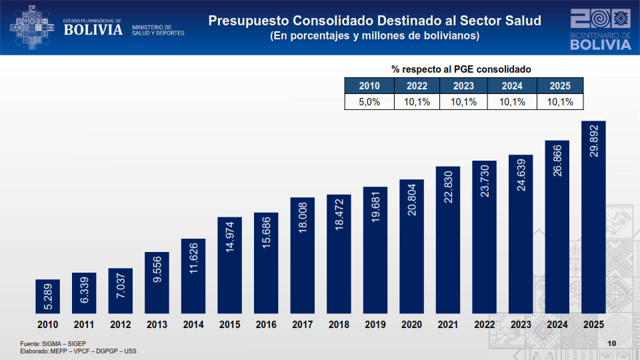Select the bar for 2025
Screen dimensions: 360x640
tap(593, 217)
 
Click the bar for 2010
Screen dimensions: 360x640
tap(47, 296)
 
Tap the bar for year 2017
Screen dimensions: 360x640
tap(302, 255)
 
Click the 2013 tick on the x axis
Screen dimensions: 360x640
tap(157, 325)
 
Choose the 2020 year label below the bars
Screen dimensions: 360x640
tap(411, 325)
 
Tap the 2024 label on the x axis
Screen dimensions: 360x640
tap(557, 325)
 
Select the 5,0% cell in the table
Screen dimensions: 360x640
tap(369, 101)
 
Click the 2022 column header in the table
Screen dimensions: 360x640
tap(417, 85)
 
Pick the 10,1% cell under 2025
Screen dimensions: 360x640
tap(559, 101)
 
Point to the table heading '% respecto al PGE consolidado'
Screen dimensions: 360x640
tap(461, 69)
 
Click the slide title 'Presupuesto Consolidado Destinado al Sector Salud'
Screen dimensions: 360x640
tap(375, 21)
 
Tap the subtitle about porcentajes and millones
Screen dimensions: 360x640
tap(375, 36)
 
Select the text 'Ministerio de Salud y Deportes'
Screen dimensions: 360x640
tap(158, 30)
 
